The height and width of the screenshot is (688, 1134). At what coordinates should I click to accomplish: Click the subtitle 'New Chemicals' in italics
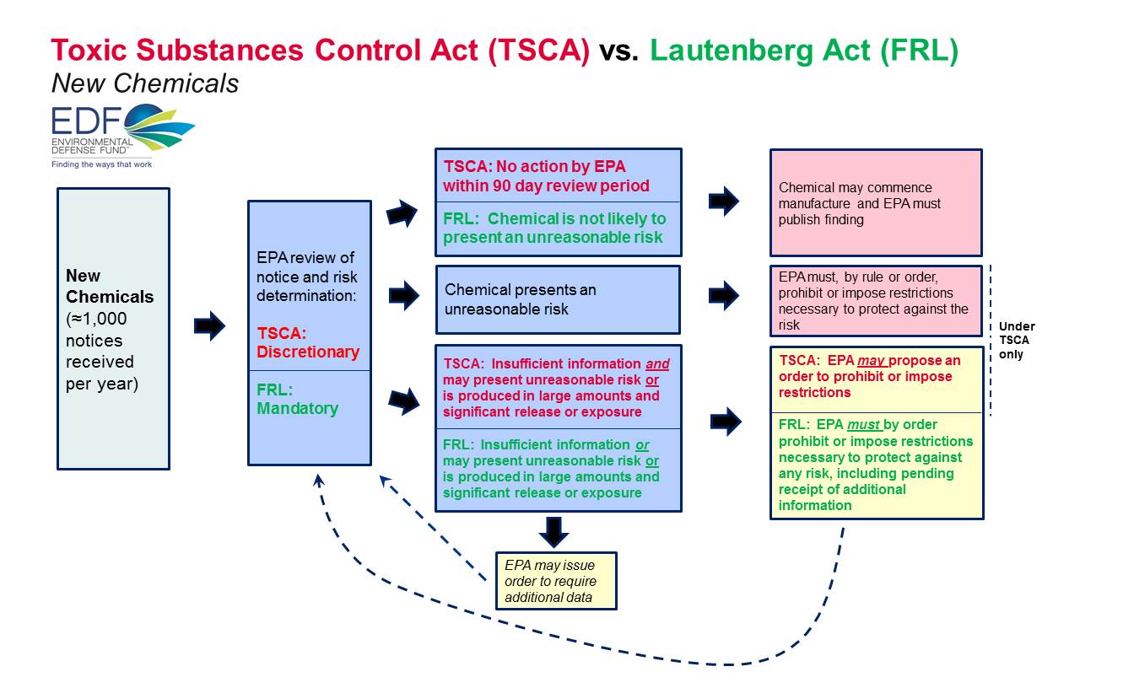click(144, 83)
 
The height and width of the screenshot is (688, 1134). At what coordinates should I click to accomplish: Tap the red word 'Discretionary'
click(308, 352)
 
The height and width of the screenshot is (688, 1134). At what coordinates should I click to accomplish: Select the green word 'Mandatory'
click(297, 408)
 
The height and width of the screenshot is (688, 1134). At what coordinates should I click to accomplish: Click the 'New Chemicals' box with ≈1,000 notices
click(113, 328)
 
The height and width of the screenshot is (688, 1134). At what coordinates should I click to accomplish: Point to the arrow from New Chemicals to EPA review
click(209, 325)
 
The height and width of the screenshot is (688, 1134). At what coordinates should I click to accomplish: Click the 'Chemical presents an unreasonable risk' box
click(557, 299)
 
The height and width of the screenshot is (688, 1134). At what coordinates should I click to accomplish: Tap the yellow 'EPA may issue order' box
click(556, 581)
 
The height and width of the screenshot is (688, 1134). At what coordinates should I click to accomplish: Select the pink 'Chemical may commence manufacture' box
click(876, 203)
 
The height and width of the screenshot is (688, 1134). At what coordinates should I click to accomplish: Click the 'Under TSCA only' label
click(1016, 341)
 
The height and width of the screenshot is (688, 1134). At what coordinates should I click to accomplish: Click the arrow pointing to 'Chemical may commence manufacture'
click(724, 202)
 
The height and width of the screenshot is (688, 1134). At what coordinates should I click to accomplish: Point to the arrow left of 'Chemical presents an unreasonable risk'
click(404, 296)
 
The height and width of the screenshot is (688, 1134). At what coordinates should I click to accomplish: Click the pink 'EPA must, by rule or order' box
click(876, 301)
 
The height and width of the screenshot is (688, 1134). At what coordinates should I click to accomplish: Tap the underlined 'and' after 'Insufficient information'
click(657, 364)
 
